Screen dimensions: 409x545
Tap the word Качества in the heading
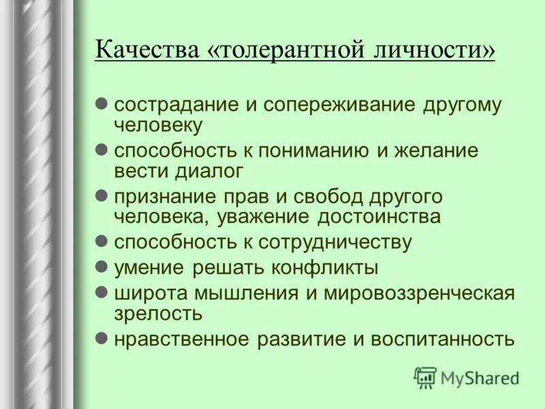[x=144, y=51]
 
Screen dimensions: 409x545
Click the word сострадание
[x=167, y=106]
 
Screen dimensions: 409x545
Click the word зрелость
[x=158, y=314]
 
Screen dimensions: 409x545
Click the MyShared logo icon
[x=425, y=377]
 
